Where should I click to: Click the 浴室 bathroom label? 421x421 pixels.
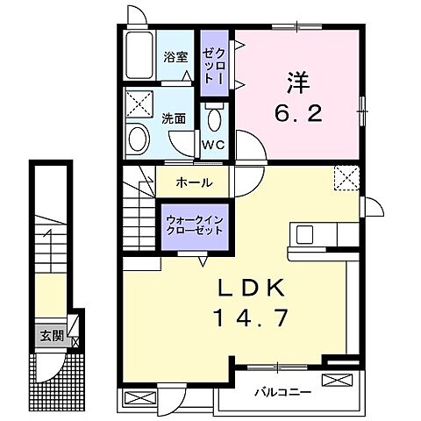point(175,59)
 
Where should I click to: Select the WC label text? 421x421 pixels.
point(214,145)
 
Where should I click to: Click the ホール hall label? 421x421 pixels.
point(193,182)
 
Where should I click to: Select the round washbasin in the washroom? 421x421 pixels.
point(136,139)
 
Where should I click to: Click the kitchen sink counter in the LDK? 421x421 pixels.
point(318,234)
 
